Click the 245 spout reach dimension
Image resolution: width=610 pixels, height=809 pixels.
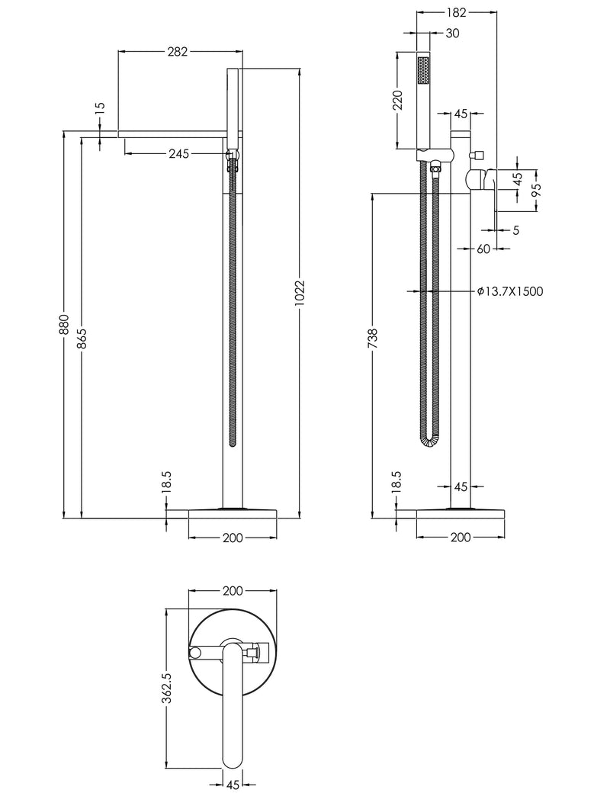pos(179,154)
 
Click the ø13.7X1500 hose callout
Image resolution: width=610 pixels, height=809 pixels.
pos(510,291)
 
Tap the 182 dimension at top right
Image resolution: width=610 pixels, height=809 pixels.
pos(455,13)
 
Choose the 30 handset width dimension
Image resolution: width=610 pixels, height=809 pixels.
pos(452,33)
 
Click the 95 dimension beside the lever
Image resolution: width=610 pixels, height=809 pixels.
pos(537,187)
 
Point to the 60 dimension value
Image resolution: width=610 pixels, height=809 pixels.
pos(483,249)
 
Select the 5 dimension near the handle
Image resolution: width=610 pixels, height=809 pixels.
pos(516,230)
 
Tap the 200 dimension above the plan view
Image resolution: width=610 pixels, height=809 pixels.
pos(233,591)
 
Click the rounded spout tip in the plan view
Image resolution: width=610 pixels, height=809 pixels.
pos(233,759)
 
